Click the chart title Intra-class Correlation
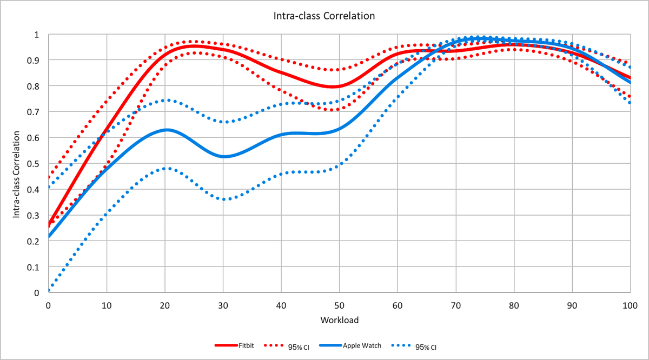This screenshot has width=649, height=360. coord(325,16)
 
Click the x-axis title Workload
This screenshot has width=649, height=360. coord(339,320)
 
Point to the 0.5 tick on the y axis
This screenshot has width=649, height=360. coord(36,164)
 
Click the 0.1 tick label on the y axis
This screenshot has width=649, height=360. coord(36,267)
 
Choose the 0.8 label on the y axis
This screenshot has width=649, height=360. coord(36,86)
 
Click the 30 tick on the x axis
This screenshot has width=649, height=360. coord(223,305)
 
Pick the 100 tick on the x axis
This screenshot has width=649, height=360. coord(630,305)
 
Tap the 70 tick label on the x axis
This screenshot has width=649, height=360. coord(455,305)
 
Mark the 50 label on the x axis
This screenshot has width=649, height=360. coord(339,305)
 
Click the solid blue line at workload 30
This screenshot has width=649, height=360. coord(223,157)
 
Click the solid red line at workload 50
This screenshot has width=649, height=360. coord(339,86)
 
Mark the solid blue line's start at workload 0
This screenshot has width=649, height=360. coord(49,236)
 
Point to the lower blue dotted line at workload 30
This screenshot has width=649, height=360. coord(223,199)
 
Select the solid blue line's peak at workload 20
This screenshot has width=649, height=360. coord(165,130)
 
